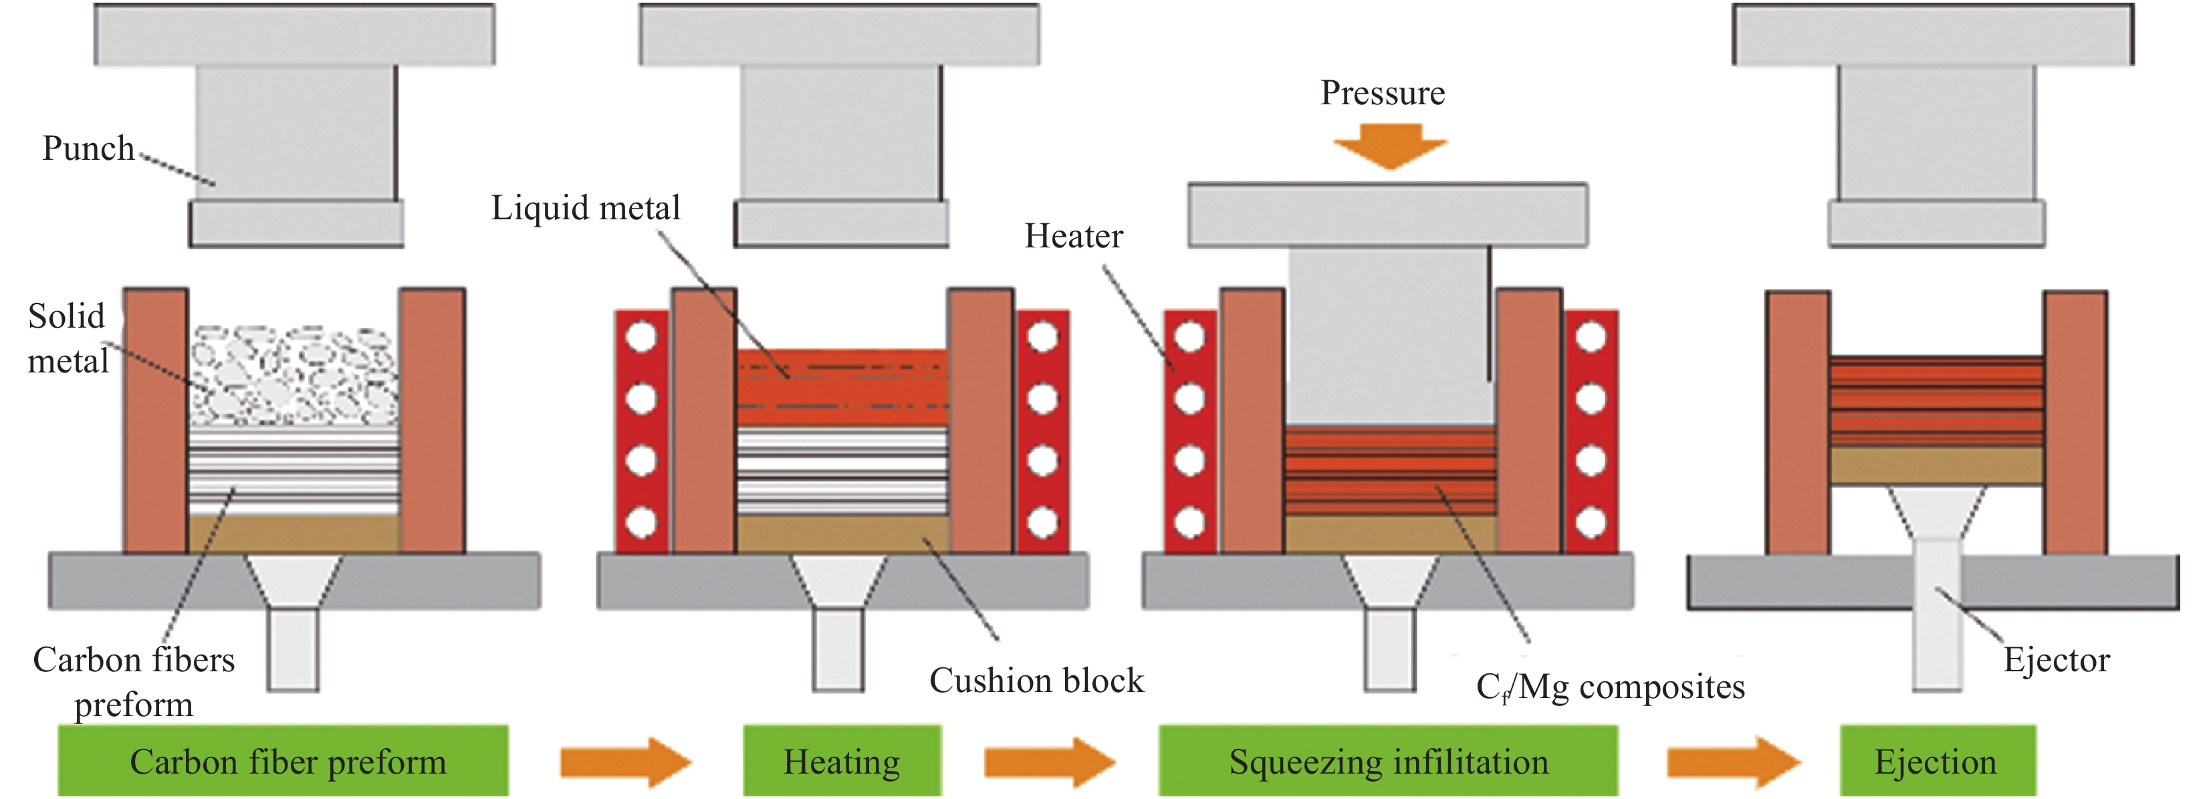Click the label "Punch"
88,148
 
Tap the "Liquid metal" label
586,209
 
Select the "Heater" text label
1073,236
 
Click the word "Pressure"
1382,93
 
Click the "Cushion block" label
1036,681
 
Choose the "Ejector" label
2056,660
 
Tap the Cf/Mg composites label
1610,687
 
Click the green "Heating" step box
841,762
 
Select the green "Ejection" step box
1936,762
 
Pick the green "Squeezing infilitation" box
1388,762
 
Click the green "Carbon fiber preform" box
283,762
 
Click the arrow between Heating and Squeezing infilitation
1049,762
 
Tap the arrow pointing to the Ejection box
1732,762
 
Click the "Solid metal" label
67,339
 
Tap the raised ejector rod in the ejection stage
1937,614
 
